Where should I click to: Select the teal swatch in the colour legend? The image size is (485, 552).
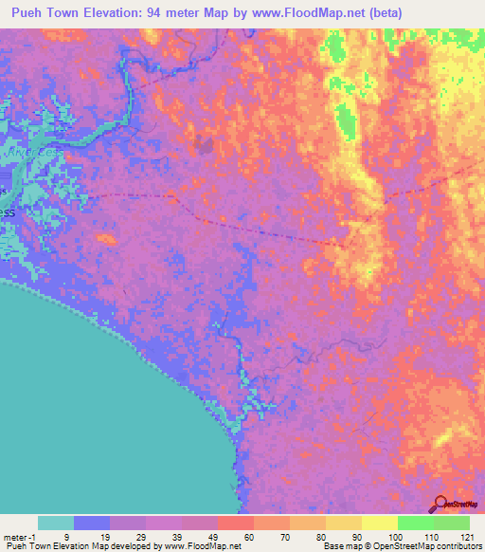pyautogui.click(x=56, y=523)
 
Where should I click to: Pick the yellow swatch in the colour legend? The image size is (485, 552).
pyautogui.click(x=379, y=523)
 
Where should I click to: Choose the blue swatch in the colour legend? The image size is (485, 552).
pyautogui.click(x=92, y=523)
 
